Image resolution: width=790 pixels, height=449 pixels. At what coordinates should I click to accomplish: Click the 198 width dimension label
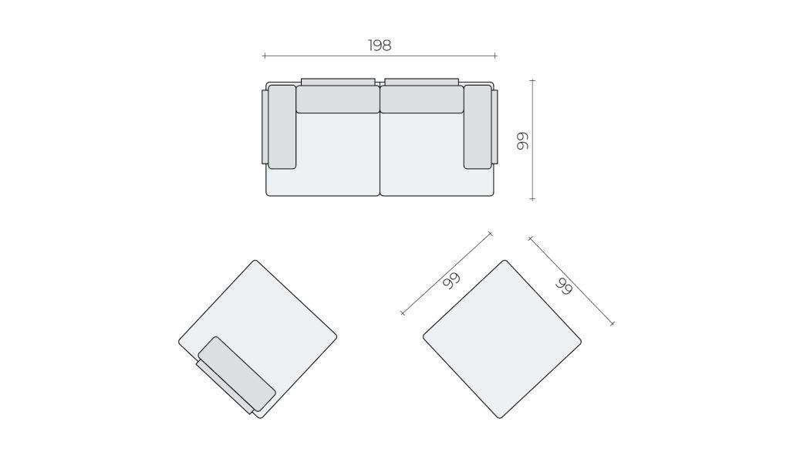(380, 46)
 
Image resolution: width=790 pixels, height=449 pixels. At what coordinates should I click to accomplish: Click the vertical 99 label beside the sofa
(522, 141)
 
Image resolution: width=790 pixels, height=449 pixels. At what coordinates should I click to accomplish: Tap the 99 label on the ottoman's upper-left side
(451, 281)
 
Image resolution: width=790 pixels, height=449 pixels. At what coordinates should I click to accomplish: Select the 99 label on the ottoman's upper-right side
(564, 286)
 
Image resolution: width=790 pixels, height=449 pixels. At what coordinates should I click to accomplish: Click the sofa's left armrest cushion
(282, 127)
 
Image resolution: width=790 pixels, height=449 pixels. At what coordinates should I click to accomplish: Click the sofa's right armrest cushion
(477, 127)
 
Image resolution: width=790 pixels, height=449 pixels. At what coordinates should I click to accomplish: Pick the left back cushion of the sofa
(338, 100)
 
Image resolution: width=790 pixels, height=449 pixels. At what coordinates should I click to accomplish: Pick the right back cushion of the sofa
(422, 100)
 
